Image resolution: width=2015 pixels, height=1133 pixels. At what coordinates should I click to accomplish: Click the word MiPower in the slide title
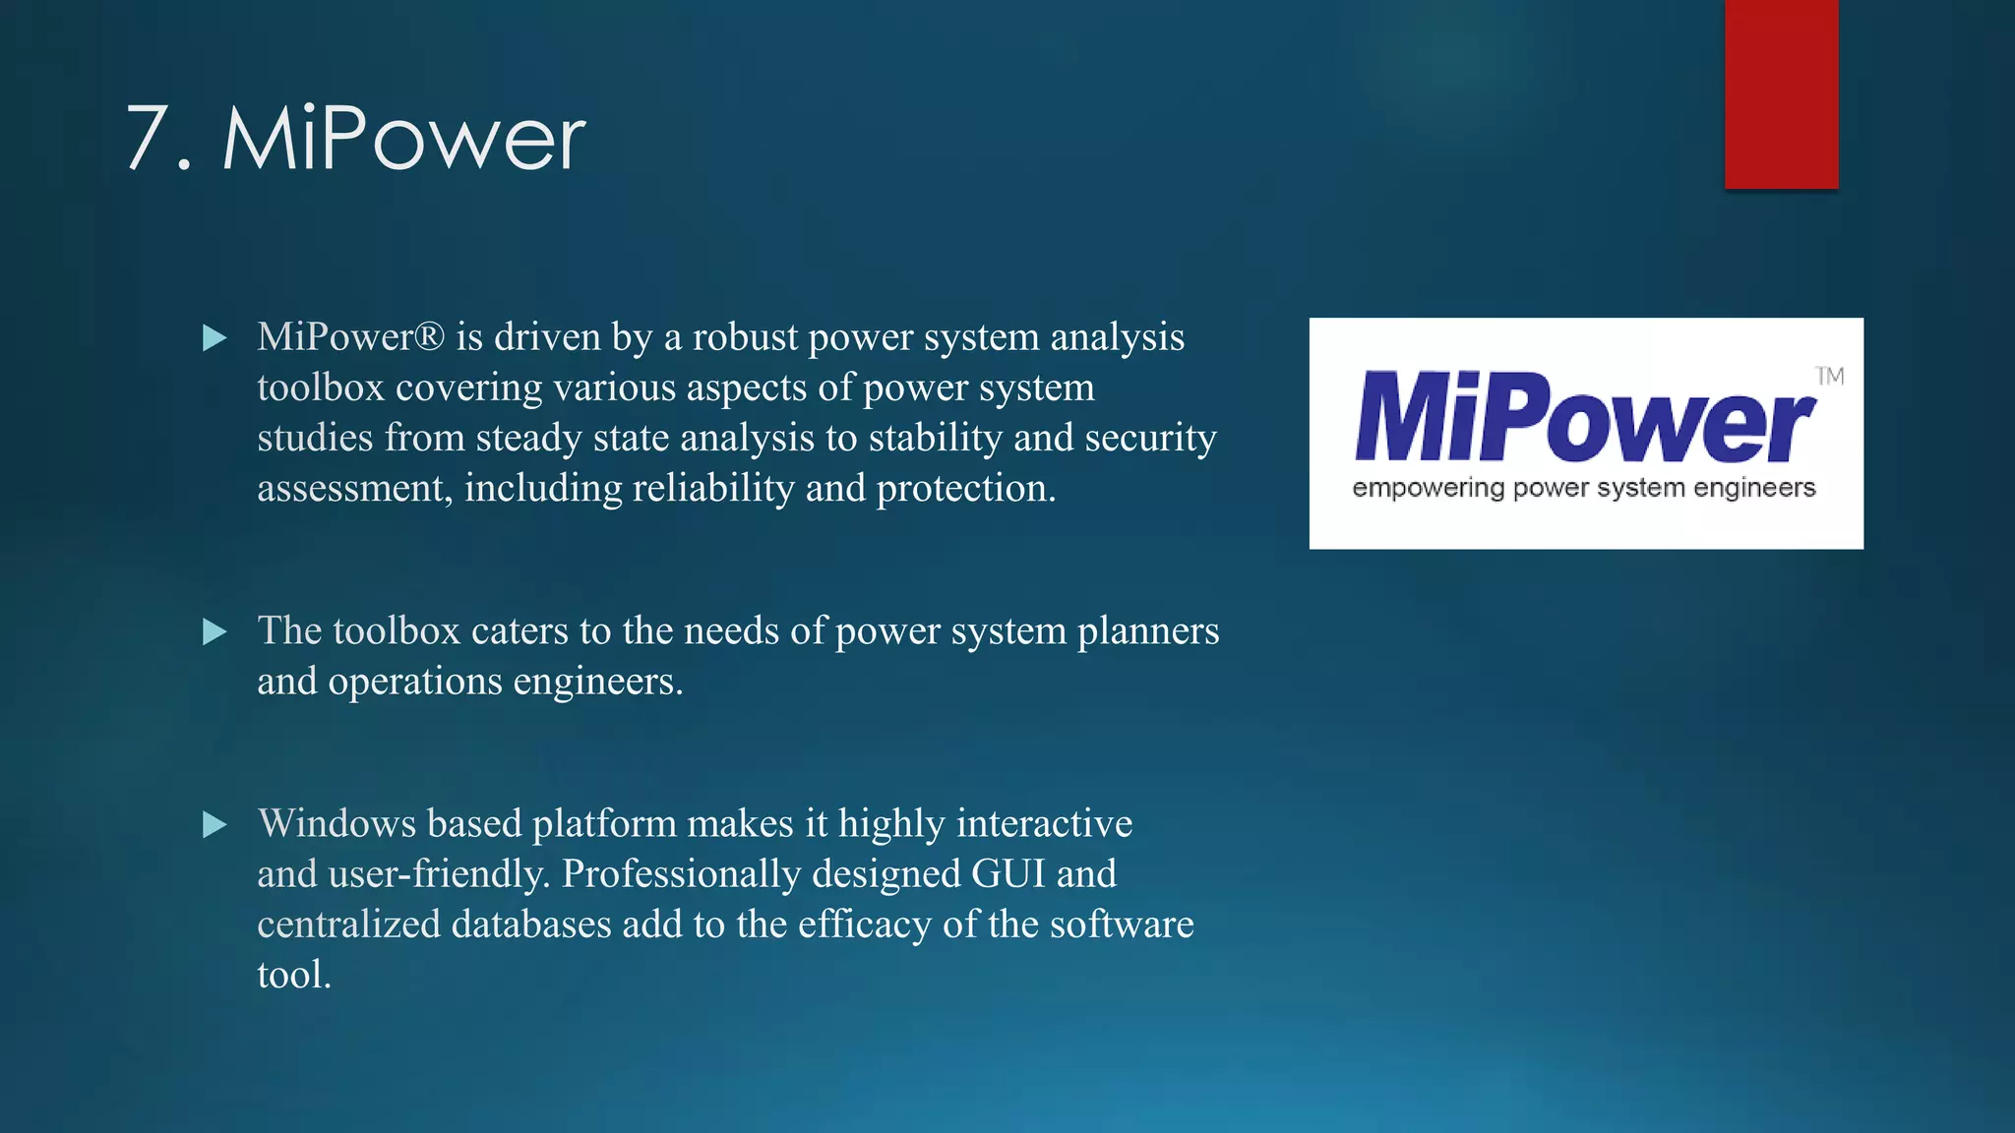point(403,140)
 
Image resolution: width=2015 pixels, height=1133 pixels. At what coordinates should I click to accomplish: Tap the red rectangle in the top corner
point(1781,93)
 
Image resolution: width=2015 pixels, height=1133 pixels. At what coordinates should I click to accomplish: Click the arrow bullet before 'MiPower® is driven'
point(214,338)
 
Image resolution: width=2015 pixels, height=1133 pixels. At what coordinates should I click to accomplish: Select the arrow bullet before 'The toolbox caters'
point(214,631)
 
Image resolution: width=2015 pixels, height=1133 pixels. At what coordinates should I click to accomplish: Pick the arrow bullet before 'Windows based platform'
point(214,824)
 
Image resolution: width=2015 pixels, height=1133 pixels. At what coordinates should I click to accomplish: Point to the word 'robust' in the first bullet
point(745,337)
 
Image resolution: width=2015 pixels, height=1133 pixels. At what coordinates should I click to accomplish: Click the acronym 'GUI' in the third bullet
point(1007,874)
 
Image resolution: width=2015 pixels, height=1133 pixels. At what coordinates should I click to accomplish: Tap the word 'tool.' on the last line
point(293,975)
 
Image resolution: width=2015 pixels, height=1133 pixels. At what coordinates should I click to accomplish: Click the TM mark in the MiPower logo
point(1830,376)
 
